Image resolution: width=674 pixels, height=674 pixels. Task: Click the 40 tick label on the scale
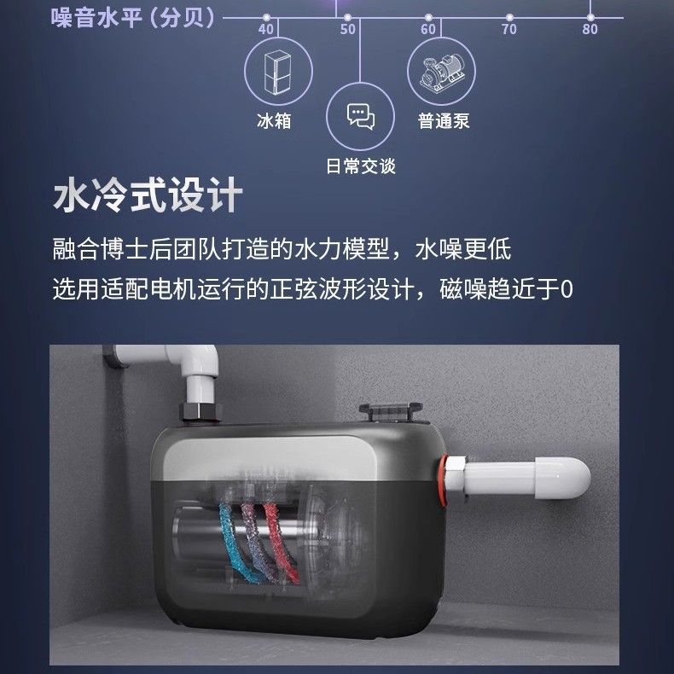point(265,29)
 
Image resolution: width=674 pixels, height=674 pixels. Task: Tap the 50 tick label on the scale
point(347,29)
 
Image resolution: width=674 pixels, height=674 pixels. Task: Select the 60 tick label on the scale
point(428,29)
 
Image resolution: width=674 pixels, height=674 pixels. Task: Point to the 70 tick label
point(509,29)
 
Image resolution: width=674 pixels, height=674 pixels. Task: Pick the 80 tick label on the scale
point(590,29)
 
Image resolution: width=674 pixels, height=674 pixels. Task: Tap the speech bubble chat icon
point(361,116)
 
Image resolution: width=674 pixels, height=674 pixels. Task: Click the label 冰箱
point(274,121)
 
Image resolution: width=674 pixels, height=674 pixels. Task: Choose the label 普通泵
point(444,121)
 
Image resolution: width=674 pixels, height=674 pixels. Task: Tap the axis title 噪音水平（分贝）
point(134,18)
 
